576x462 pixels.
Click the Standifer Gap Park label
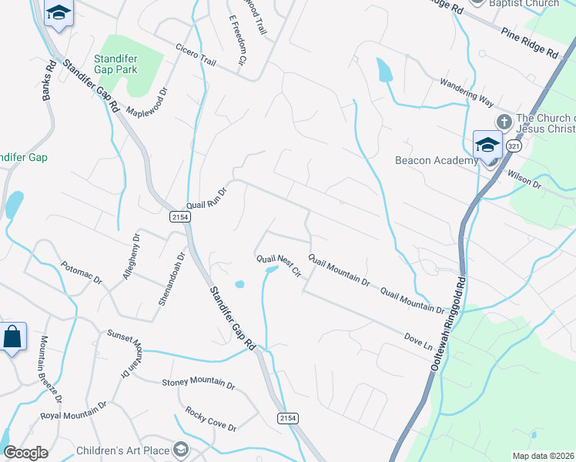[116, 63]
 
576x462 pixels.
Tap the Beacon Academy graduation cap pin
[487, 145]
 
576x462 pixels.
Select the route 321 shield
[514, 146]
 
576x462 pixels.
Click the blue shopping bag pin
[13, 337]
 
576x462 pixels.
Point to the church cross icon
[504, 122]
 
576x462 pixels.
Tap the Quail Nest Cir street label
[278, 266]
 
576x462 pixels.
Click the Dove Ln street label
[418, 339]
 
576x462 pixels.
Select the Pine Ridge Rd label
[529, 42]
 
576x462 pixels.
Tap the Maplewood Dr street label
[146, 102]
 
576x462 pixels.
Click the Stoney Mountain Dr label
[198, 383]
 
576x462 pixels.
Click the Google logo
[25, 453]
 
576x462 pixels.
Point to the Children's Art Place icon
[181, 449]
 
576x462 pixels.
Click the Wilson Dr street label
[524, 180]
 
